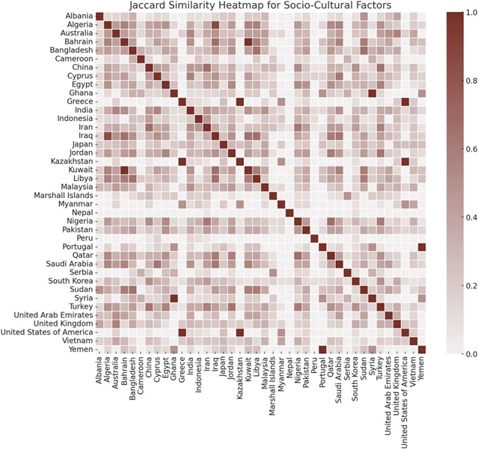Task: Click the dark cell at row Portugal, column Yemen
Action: pyautogui.click(x=421, y=246)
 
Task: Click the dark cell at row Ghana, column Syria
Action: pyautogui.click(x=371, y=93)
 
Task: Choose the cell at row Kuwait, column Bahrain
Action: pyautogui.click(x=124, y=170)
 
